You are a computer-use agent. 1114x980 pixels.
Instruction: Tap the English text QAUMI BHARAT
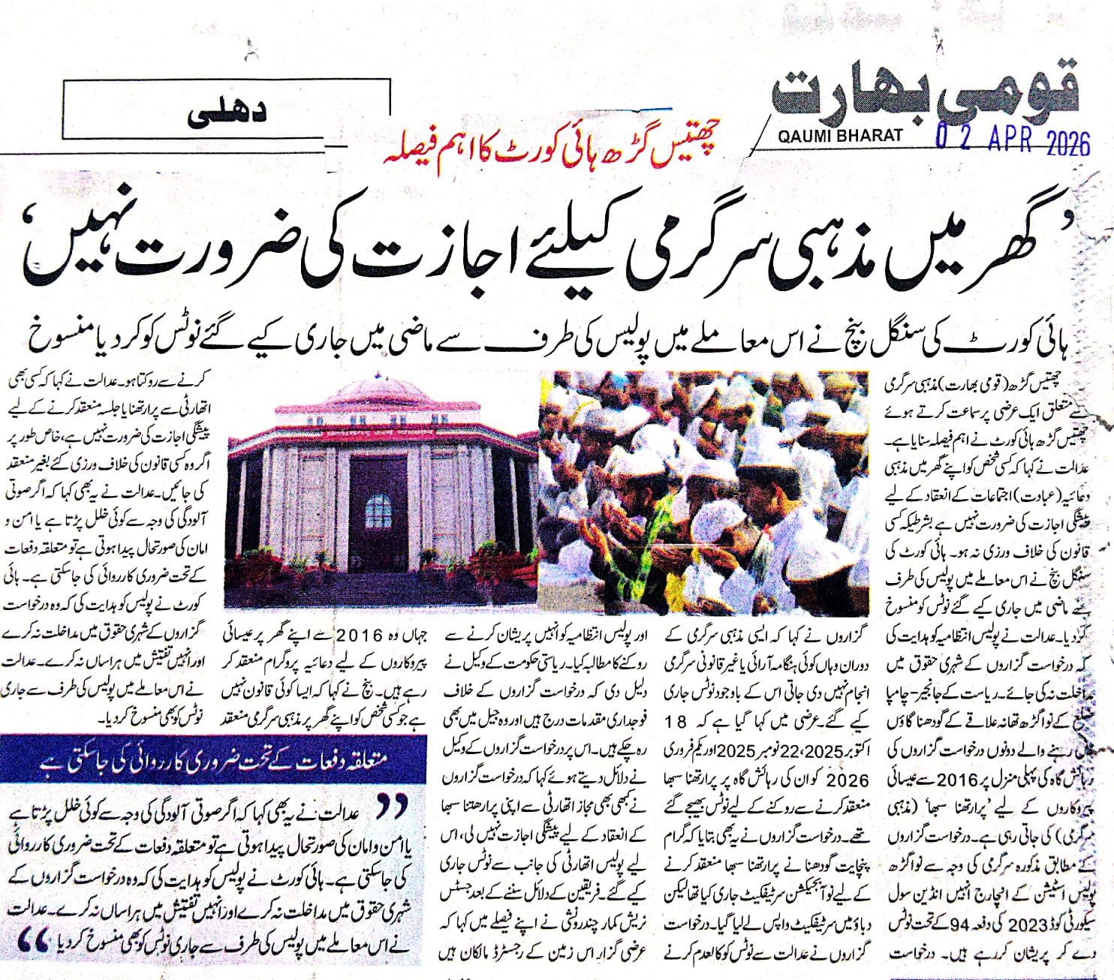842,136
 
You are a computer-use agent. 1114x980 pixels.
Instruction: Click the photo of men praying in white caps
703,492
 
